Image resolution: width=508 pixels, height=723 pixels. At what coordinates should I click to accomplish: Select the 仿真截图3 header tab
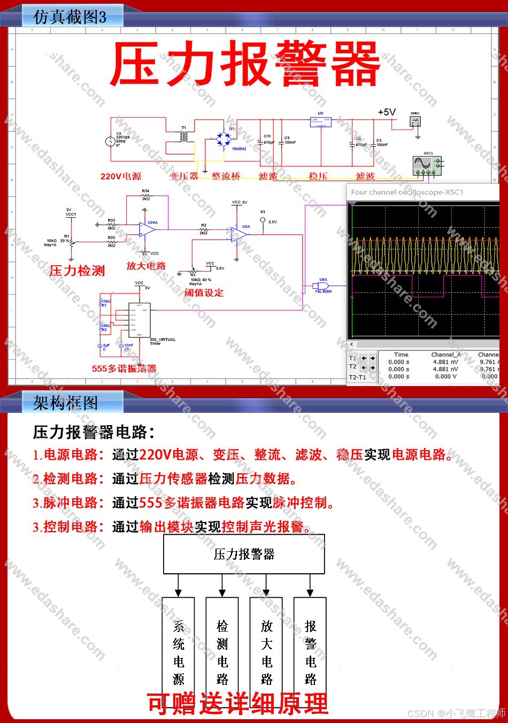(70, 17)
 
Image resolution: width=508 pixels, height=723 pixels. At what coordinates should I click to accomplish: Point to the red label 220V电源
(121, 176)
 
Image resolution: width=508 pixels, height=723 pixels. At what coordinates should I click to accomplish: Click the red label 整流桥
(226, 176)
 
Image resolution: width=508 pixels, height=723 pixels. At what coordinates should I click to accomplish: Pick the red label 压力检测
(77, 271)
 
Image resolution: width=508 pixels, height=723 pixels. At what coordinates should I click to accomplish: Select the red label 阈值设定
(204, 293)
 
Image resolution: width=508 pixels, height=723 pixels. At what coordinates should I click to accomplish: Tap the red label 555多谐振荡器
(124, 368)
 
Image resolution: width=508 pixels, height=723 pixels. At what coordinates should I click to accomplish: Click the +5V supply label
(387, 112)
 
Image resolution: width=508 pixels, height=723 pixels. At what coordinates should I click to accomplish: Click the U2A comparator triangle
(239, 233)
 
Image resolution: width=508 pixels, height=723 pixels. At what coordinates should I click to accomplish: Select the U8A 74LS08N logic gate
(323, 286)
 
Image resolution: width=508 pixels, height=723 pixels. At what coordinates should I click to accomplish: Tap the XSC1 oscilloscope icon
(428, 164)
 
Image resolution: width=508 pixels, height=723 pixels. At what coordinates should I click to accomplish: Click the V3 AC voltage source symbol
(111, 141)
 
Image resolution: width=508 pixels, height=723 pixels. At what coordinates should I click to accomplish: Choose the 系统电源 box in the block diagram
(178, 653)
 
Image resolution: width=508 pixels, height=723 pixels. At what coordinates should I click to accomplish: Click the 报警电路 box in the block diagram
(310, 653)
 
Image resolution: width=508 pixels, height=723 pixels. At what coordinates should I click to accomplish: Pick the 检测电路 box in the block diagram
(222, 653)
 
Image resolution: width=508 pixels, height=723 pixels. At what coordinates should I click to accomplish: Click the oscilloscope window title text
(407, 192)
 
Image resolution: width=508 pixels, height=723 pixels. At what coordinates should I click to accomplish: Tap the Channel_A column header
(446, 355)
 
